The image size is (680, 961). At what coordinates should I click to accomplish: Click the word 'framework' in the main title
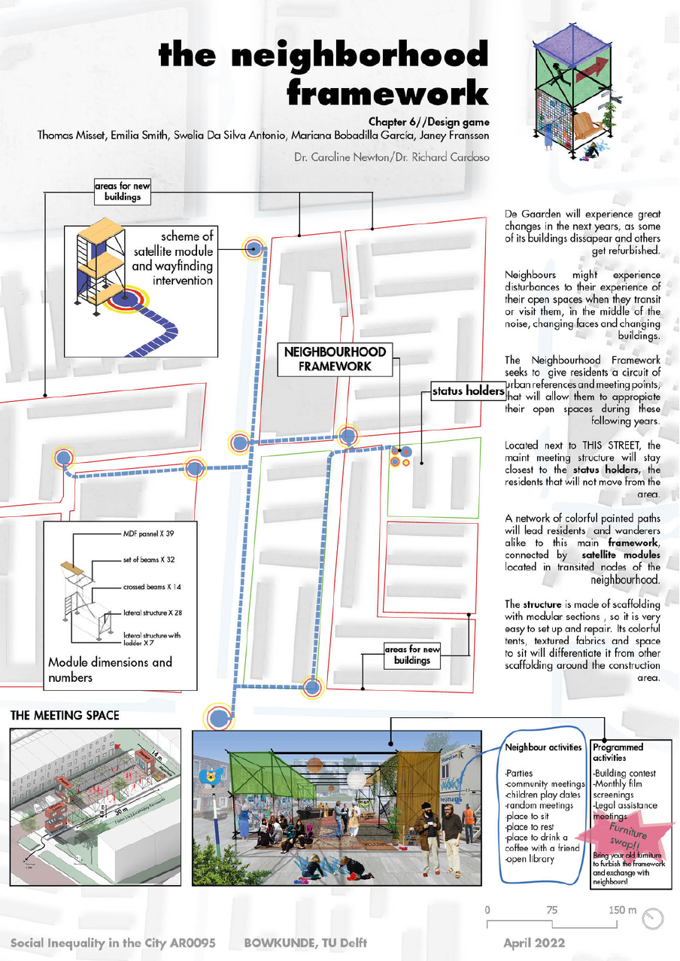point(387,93)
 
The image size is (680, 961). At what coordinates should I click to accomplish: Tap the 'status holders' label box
point(467,391)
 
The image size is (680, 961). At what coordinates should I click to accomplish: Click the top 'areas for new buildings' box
point(121,192)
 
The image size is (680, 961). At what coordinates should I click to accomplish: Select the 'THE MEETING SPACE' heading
point(65,715)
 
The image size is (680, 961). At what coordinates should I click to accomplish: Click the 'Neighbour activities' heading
point(543,747)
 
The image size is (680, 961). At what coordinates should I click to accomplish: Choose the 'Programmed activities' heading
point(618,753)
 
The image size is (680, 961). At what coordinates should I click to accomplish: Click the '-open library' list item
point(532,859)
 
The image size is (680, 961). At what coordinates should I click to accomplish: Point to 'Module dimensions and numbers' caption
point(110,669)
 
